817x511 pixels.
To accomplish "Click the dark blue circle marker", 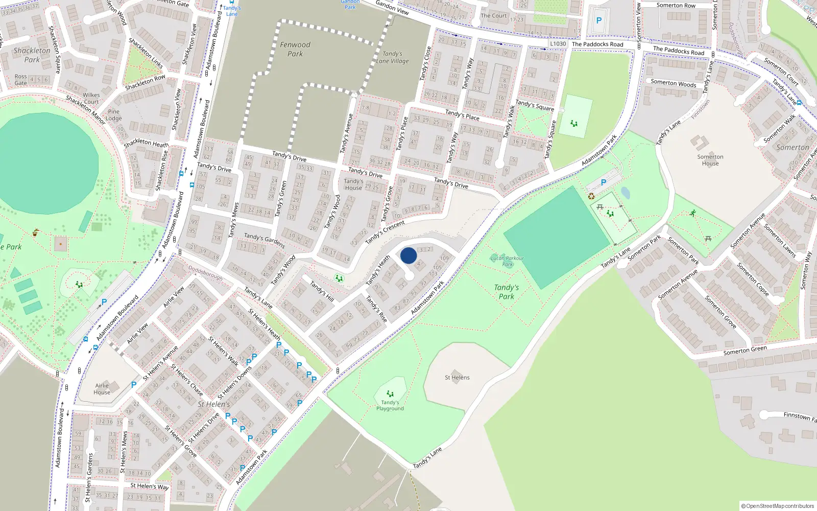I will (x=408, y=255).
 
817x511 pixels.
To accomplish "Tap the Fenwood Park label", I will (x=295, y=49).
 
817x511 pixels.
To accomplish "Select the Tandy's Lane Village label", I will (x=392, y=57).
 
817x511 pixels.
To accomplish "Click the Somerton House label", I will (x=710, y=160).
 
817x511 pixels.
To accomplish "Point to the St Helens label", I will (x=457, y=378).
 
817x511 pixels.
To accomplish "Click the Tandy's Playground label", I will (x=390, y=405).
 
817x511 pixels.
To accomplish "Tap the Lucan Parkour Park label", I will (x=507, y=261).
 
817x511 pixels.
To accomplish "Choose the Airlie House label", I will (x=102, y=389).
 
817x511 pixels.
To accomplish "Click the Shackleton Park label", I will (x=32, y=55).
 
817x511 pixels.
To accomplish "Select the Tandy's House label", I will (x=353, y=184).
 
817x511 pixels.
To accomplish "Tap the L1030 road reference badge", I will (x=558, y=44).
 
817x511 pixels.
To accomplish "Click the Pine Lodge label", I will (x=113, y=115).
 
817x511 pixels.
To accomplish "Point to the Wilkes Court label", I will (x=91, y=98).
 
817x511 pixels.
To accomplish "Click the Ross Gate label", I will (x=20, y=80).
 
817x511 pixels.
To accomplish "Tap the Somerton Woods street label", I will (x=673, y=83).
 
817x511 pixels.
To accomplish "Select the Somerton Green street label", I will (x=745, y=350).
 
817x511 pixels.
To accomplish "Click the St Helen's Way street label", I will (x=149, y=486).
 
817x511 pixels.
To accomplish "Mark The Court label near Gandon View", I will (x=494, y=15).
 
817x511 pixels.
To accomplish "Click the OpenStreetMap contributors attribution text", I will (x=777, y=506).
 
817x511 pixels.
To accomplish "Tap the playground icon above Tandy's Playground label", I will (x=390, y=394).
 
